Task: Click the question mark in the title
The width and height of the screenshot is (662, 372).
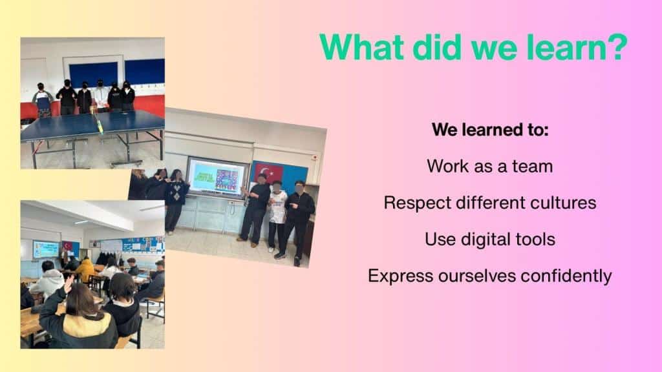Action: (x=616, y=46)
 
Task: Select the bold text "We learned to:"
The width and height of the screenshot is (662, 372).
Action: (x=490, y=129)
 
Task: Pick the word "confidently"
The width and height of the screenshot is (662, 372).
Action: (x=566, y=276)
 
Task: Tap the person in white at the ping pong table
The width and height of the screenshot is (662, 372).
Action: (x=101, y=96)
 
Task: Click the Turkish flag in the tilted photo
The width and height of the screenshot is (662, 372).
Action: (x=268, y=173)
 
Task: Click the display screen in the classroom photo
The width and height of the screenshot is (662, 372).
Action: (x=46, y=249)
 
